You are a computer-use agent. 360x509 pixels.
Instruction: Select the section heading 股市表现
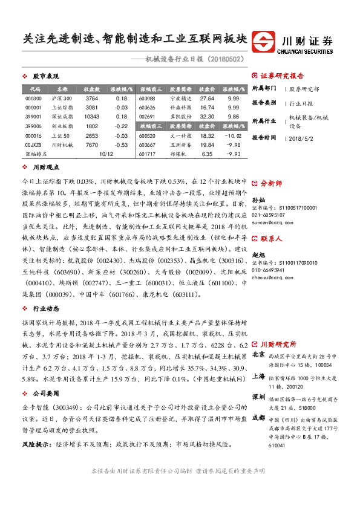point(45,77)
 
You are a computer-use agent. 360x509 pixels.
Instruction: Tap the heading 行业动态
point(45,308)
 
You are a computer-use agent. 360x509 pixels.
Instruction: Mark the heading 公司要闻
point(45,392)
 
